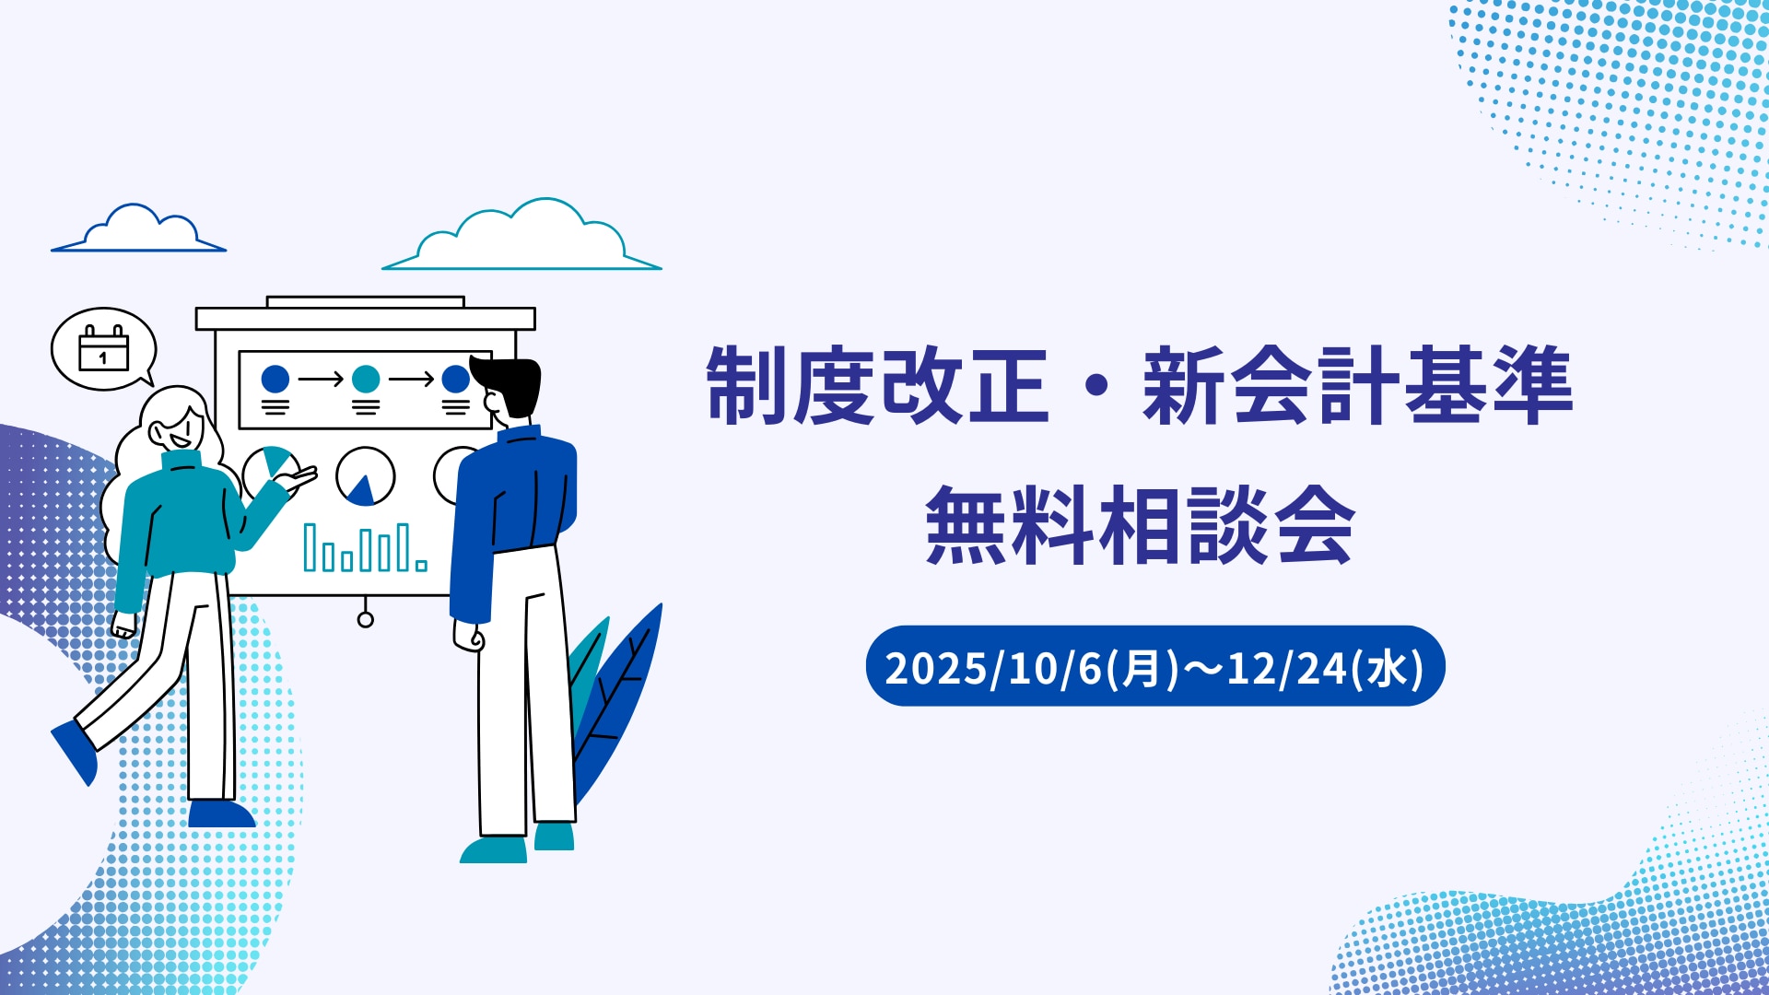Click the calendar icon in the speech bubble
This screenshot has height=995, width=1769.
click(x=103, y=347)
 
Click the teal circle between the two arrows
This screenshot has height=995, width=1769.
click(x=366, y=379)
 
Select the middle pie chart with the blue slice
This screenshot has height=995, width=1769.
click(x=366, y=477)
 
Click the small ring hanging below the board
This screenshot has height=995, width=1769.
click(x=366, y=619)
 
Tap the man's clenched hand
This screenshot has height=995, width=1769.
click(x=468, y=637)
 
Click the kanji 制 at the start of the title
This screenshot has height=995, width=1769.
click(x=747, y=385)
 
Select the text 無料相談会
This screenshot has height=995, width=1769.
click(x=1140, y=525)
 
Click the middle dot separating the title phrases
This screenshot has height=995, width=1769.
click(x=1096, y=386)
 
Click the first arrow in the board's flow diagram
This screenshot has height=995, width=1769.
click(x=321, y=379)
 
